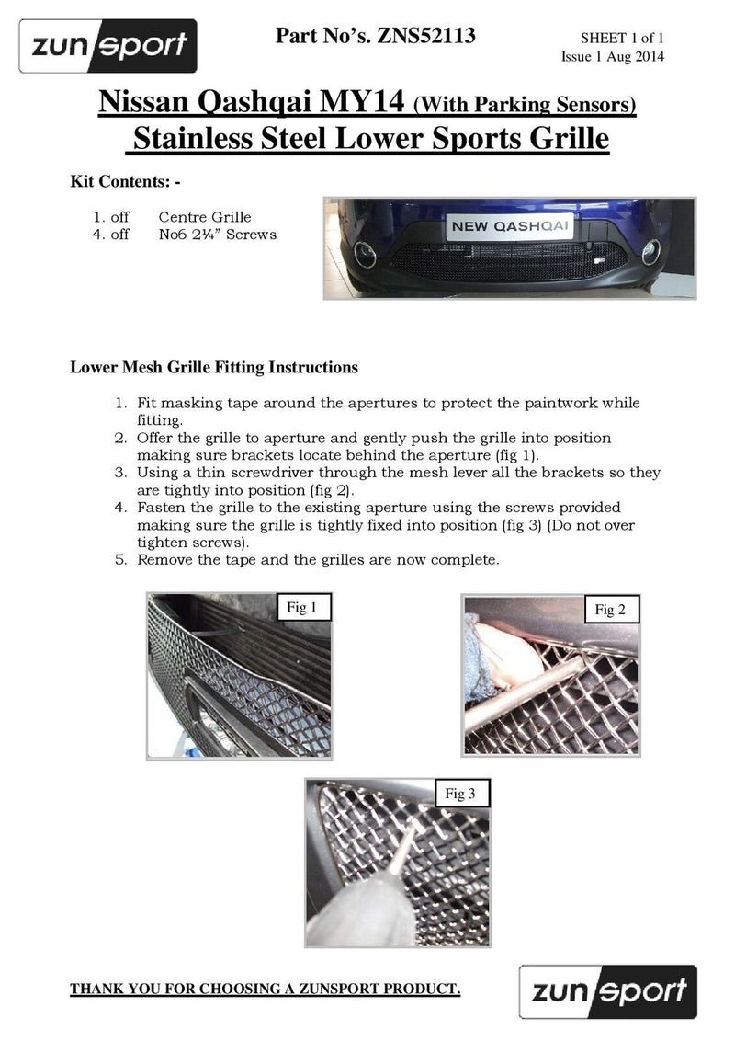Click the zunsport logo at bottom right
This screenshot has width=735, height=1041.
(607, 990)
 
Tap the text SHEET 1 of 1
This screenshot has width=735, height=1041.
(621, 39)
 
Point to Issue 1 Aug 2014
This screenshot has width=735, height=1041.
(612, 56)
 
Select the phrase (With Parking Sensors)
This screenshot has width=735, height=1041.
(526, 105)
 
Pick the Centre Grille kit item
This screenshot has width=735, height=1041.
(204, 217)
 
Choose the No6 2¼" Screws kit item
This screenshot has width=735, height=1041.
(217, 234)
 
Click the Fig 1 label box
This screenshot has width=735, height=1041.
(302, 607)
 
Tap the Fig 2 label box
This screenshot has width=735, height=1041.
(610, 610)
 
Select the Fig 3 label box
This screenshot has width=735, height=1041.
(461, 793)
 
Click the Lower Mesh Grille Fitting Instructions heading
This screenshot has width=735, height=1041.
(214, 367)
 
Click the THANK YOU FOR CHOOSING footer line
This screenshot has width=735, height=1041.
(266, 990)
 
